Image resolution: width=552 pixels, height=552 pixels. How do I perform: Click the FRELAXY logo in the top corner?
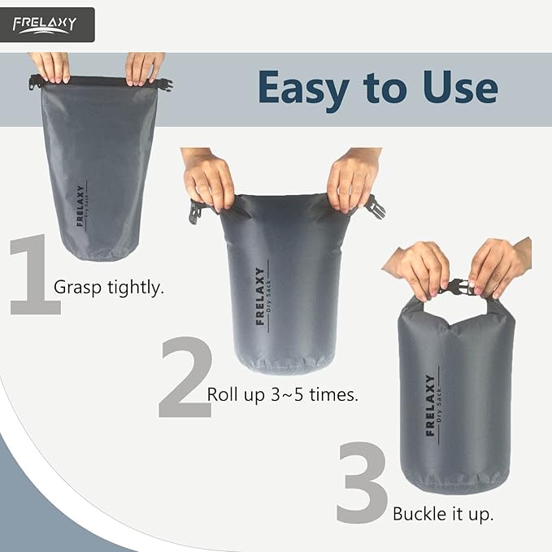point(48,24)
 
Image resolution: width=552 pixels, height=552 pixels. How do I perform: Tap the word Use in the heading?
point(459,88)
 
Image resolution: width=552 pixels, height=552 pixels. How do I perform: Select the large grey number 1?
point(34,275)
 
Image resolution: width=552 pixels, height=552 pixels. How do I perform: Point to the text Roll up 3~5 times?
point(283,395)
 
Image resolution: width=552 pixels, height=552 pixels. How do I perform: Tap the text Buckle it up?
point(443,514)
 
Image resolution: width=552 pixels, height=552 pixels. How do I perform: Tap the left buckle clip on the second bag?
point(197,211)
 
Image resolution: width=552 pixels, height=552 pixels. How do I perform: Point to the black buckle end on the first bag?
point(167,84)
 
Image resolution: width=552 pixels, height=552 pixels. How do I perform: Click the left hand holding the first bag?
point(50,67)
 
